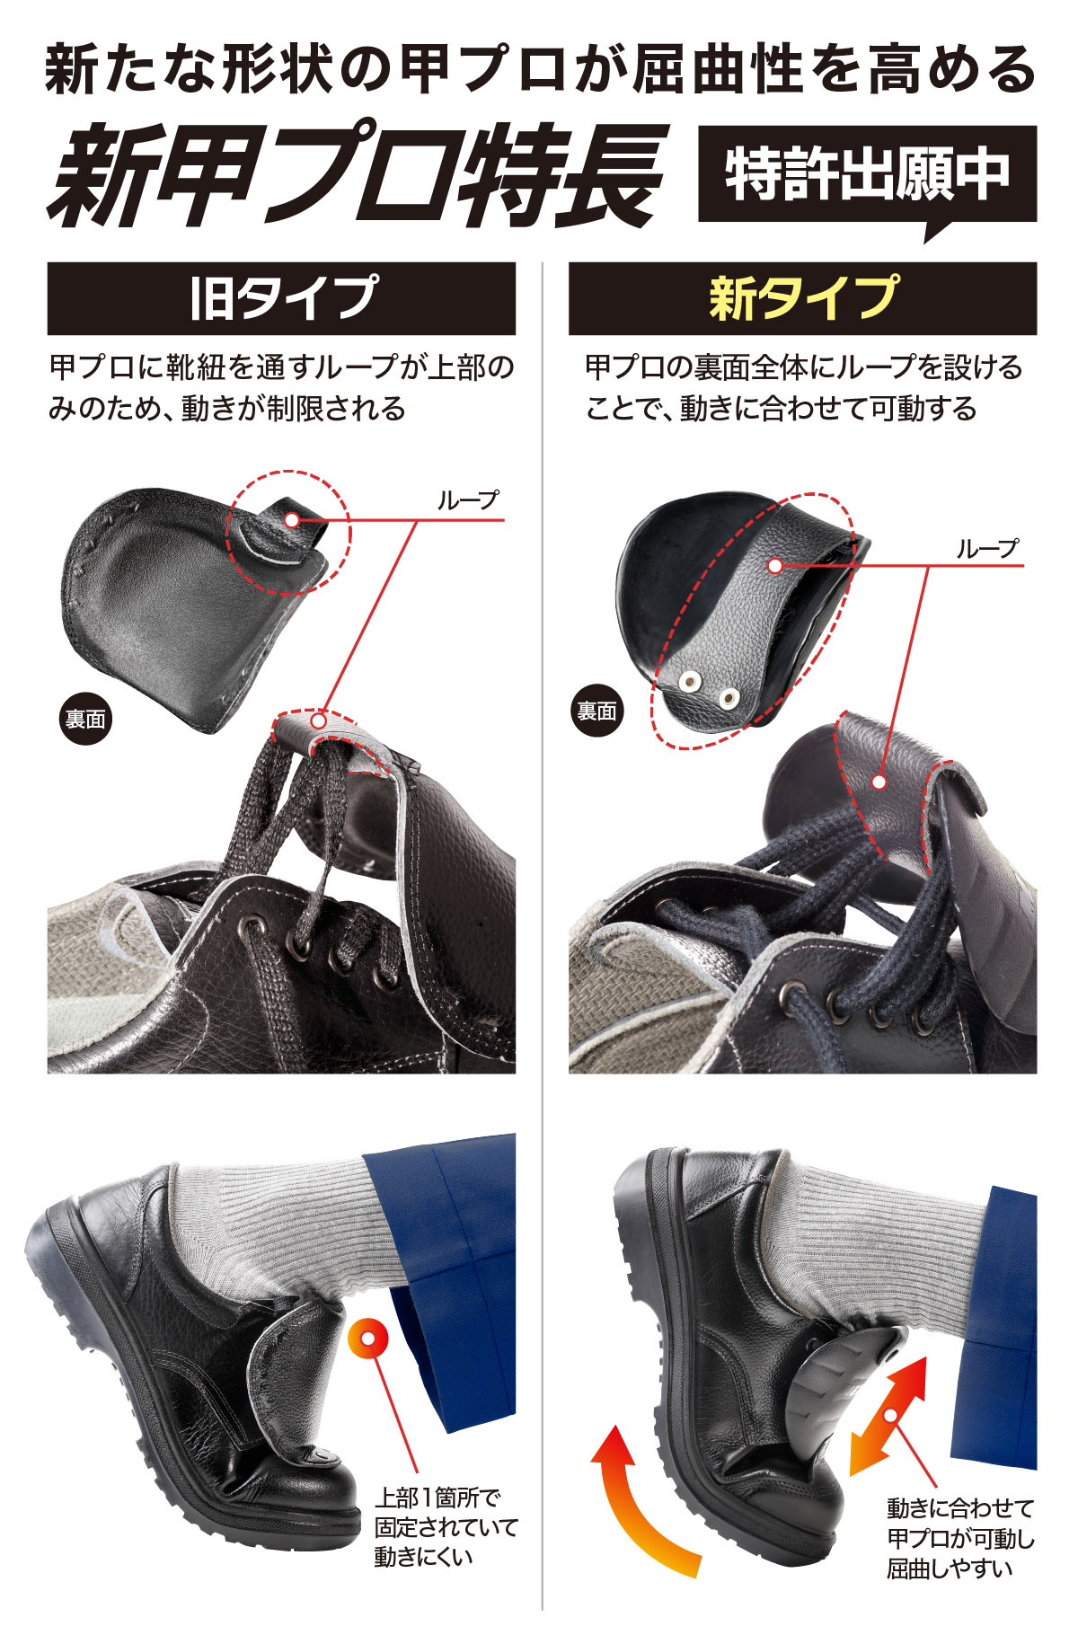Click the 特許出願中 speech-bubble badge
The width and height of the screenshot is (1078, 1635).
[867, 174]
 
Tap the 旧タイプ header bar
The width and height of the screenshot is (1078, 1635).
[281, 298]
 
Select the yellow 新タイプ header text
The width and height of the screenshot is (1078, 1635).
[802, 298]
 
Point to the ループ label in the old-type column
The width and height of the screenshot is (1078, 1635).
[467, 500]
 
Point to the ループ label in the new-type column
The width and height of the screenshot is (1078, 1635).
[986, 549]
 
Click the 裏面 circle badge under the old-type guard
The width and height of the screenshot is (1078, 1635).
[85, 719]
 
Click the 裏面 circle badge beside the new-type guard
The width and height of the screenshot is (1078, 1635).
[596, 711]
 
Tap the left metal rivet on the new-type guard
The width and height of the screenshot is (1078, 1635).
[690, 682]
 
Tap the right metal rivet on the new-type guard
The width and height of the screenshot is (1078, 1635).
[728, 696]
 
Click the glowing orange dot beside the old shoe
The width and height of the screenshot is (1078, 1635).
[367, 1339]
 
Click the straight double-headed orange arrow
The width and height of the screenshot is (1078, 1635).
[888, 1417]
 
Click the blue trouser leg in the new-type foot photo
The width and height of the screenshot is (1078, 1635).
[997, 1330]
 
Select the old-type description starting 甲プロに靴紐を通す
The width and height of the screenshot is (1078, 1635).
[281, 387]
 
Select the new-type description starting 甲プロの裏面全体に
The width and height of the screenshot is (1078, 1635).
[802, 387]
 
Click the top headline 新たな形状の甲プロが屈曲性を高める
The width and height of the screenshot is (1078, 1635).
[539, 70]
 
